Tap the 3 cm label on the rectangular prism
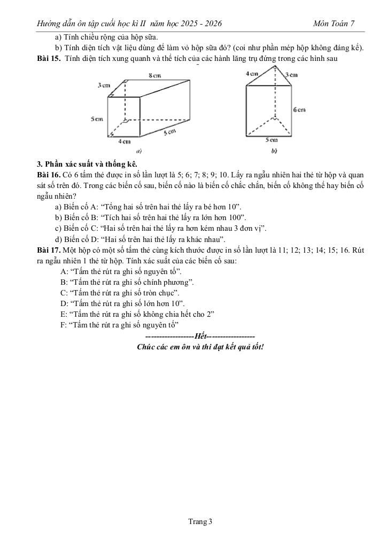104,85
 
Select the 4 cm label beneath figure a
124,142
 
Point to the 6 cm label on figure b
299,110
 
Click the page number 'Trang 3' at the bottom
200,522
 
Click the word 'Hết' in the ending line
200,336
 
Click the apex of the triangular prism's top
275,66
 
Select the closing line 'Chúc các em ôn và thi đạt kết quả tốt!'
200,347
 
